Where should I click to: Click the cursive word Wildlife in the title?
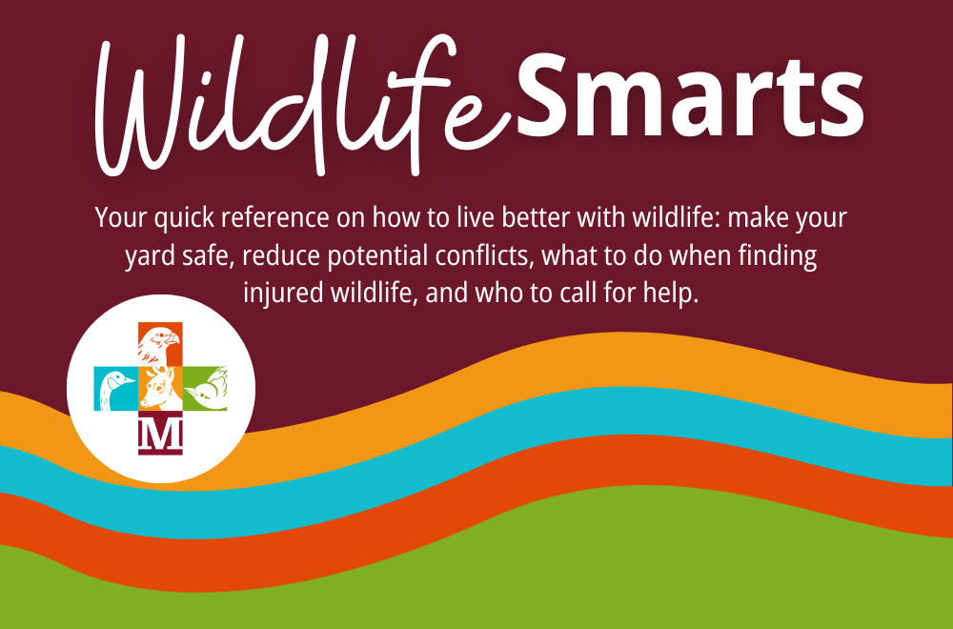point(301,105)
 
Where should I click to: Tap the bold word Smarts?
point(690,96)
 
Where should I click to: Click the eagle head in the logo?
point(160,345)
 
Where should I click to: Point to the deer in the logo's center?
point(160,389)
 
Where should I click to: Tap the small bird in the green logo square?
point(206,389)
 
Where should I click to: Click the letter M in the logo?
point(160,434)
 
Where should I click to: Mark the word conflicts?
point(485,255)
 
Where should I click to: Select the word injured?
point(284,294)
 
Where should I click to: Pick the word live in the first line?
point(476,217)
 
